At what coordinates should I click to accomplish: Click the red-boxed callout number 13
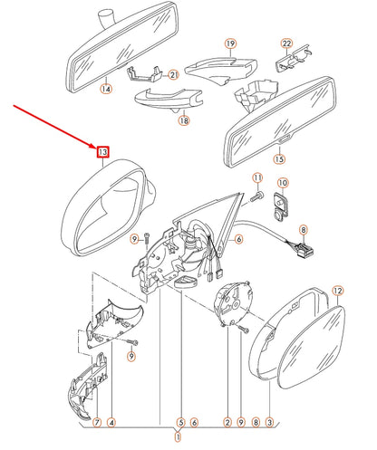click(102, 152)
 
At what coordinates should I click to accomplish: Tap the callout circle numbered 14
click(106, 89)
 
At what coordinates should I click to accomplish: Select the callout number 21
click(173, 75)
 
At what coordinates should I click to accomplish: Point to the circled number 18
click(184, 120)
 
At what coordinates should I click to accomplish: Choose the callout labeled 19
click(230, 43)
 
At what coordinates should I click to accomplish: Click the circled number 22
click(286, 43)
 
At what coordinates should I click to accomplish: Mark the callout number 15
click(279, 158)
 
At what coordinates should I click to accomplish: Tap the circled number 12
click(338, 291)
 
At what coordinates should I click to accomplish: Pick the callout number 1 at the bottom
click(179, 436)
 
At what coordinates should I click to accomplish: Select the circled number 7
click(97, 423)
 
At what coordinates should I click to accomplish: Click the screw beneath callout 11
click(256, 196)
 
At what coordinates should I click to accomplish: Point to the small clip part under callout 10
click(281, 205)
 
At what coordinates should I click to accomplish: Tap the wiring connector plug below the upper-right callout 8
click(304, 250)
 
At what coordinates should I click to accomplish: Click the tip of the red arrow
click(96, 147)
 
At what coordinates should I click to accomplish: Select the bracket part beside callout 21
click(146, 74)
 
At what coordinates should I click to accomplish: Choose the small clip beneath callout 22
click(293, 59)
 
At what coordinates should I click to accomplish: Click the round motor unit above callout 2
click(233, 302)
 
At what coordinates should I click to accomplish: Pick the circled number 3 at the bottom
click(269, 423)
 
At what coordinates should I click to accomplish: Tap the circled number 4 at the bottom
click(111, 423)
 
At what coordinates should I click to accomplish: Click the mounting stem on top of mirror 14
click(107, 19)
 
